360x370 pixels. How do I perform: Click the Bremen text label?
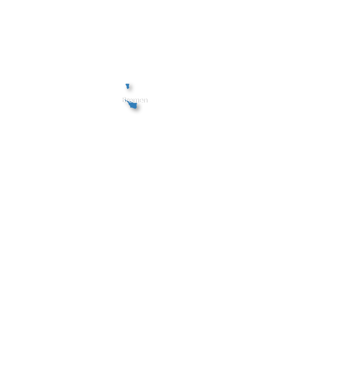(x=134, y=100)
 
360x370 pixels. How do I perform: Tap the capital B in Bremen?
(x=123, y=100)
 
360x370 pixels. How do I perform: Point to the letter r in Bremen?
(x=127, y=100)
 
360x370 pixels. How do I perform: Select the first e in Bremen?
(x=130, y=100)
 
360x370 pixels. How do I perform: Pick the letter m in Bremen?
(x=135, y=100)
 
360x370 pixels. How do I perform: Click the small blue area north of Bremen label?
(x=127, y=86)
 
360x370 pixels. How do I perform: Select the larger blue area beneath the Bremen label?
(x=133, y=105)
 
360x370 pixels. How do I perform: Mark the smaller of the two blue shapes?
(x=127, y=86)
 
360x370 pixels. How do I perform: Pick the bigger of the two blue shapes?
(x=133, y=105)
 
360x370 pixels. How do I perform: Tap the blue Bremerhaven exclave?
(x=127, y=86)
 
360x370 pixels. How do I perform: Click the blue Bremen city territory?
(x=133, y=105)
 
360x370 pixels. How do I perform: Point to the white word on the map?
(x=134, y=100)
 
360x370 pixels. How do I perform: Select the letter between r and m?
(x=130, y=100)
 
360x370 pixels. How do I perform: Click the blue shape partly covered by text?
(x=133, y=105)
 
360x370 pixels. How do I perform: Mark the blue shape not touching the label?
(x=127, y=86)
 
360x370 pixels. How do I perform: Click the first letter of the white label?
(x=123, y=100)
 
